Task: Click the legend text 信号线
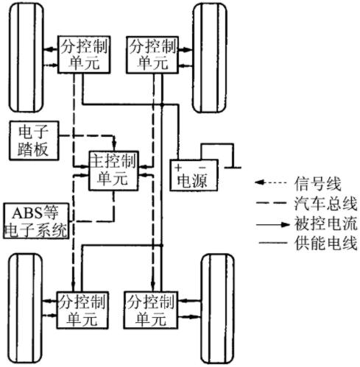(x=317, y=184)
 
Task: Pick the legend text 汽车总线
(x=325, y=204)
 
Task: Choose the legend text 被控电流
(x=325, y=224)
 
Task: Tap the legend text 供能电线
(x=325, y=243)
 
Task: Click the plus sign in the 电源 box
(x=178, y=168)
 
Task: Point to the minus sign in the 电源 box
(x=202, y=168)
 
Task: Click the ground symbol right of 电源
(x=233, y=168)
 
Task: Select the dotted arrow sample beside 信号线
(x=271, y=182)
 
